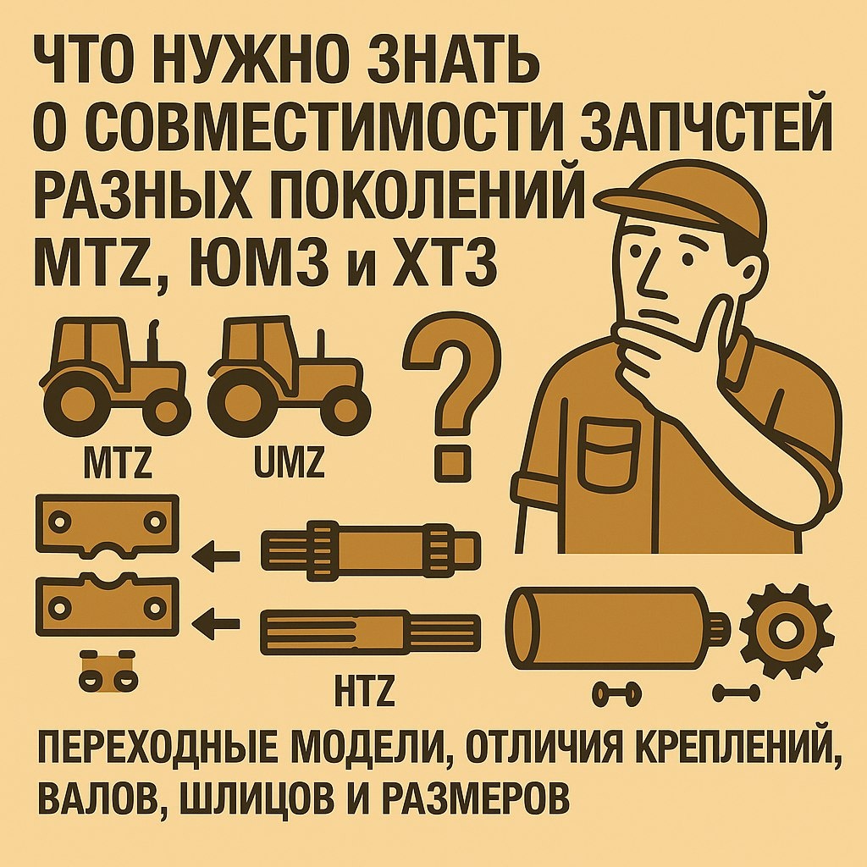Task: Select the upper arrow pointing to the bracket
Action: (x=216, y=556)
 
